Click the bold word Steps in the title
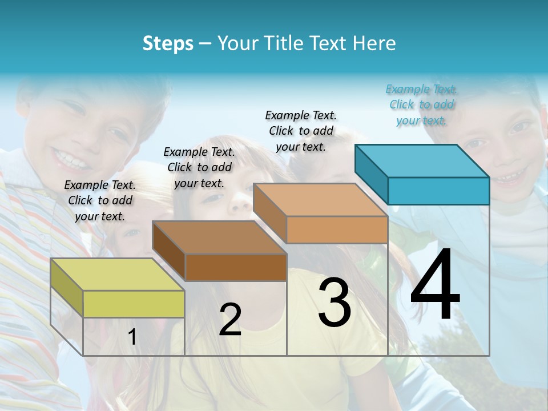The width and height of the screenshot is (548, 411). pos(168,43)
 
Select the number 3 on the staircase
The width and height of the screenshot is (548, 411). pos(335,303)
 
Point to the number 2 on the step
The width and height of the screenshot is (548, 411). pos(230,320)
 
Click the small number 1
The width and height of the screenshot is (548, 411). pos(132,337)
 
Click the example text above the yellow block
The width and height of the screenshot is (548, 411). pos(100,200)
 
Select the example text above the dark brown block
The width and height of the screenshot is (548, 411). pos(199,167)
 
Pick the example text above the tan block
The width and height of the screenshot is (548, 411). pos(301,131)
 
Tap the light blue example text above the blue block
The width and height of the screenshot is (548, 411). pos(421,104)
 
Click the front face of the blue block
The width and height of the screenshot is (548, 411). pos(438,191)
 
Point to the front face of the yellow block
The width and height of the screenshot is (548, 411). pos(134,304)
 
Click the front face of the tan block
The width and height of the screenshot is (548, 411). pos(337,229)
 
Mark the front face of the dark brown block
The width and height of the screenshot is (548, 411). pos(236,267)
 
